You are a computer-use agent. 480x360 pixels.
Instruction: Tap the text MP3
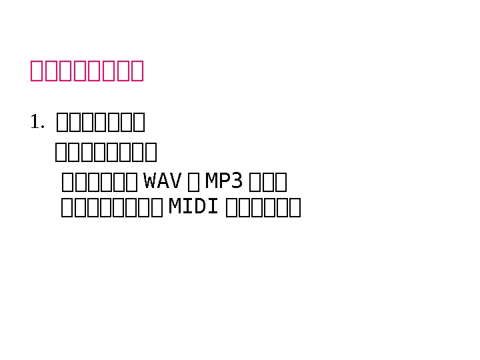pos(223,181)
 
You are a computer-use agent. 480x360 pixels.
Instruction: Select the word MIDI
pos(194,207)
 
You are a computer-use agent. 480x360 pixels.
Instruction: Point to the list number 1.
pos(36,122)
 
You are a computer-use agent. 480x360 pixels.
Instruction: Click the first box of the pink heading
pos(37,71)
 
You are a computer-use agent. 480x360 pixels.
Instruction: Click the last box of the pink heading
pos(137,71)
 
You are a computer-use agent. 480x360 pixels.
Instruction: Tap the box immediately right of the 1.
pos(63,123)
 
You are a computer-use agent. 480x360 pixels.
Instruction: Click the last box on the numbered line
pos(139,123)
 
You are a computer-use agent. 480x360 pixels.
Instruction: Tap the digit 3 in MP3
pos(236,181)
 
